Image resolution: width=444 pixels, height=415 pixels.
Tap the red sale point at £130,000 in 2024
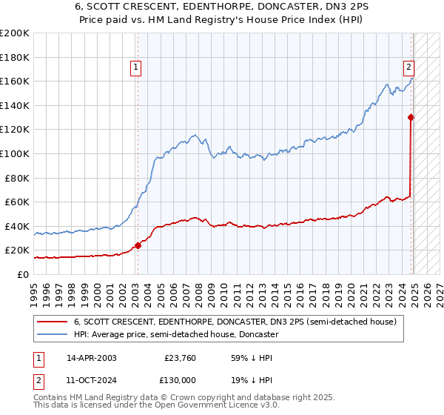tap(411, 117)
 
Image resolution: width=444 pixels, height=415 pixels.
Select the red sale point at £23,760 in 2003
tap(138, 245)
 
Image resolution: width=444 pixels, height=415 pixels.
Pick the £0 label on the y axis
tap(24, 274)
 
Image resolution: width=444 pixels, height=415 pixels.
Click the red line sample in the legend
tap(53, 322)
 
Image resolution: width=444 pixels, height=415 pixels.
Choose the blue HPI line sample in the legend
tap(53, 334)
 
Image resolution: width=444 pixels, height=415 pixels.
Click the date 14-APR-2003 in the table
tap(91, 358)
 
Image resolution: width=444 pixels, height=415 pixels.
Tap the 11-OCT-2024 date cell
tap(91, 379)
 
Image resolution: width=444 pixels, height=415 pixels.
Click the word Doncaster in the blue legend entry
tap(259, 334)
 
